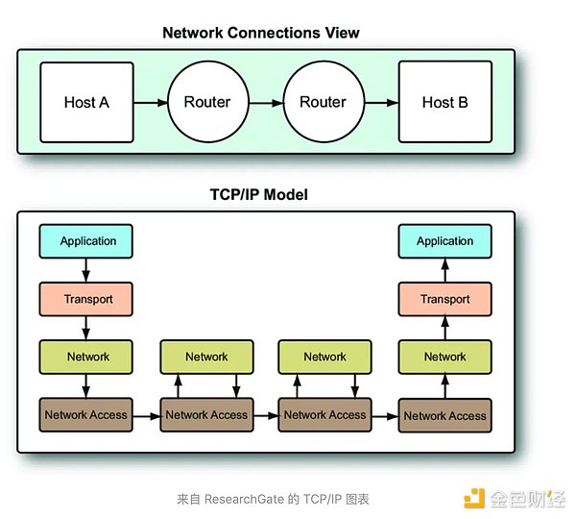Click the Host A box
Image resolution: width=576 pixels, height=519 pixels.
[85, 102]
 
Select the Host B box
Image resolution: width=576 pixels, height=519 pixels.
[444, 102]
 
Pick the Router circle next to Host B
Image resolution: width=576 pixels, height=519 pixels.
[323, 102]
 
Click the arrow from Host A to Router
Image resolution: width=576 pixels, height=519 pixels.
[149, 102]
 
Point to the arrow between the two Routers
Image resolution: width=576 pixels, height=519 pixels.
[264, 102]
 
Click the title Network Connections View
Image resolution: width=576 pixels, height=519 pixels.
[261, 33]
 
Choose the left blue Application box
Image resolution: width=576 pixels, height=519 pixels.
[87, 241]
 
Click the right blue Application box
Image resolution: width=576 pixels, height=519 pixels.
[444, 241]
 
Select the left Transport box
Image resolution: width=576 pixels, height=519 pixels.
[87, 299]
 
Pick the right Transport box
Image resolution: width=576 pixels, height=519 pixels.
[444, 299]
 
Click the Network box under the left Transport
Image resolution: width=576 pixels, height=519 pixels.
[87, 357]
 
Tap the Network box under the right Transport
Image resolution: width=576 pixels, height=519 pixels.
[444, 357]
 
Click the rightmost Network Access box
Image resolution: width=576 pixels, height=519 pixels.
[444, 415]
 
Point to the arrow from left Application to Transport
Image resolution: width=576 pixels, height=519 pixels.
[87, 270]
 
